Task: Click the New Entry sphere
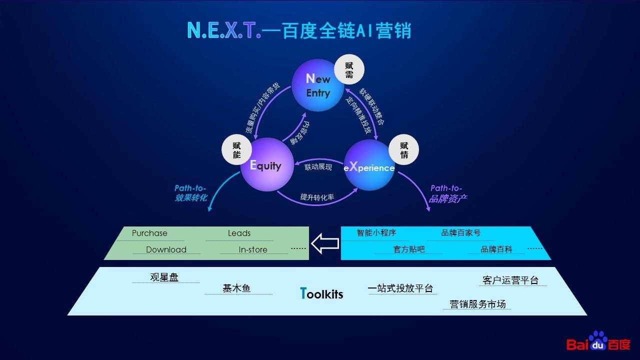pos(317,85)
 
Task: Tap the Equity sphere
pos(267,164)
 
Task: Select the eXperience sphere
pos(369,165)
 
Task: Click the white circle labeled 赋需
pos(349,69)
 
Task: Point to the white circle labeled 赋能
pos(236,149)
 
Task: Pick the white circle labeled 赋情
pos(403,149)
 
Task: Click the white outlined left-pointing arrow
pos(325,243)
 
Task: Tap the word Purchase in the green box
pos(149,233)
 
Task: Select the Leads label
pos(239,233)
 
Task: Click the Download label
pos(166,249)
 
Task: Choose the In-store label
pos(253,249)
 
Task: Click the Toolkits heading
pos(321,293)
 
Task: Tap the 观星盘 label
pos(164,277)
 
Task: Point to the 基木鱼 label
pos(236,288)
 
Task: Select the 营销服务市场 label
pos(477,304)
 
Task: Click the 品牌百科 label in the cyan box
pos(496,249)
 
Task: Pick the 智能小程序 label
pos(376,233)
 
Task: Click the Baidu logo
pos(598,341)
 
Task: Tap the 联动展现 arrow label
pos(318,167)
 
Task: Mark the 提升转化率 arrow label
pos(317,197)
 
